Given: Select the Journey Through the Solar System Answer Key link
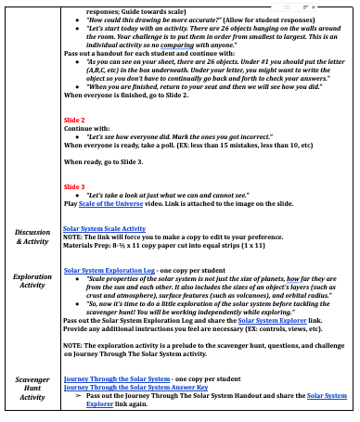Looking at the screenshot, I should pos(123,387).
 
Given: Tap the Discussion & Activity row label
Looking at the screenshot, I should pos(32,236).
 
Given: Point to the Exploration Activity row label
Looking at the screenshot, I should pos(32,282).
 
